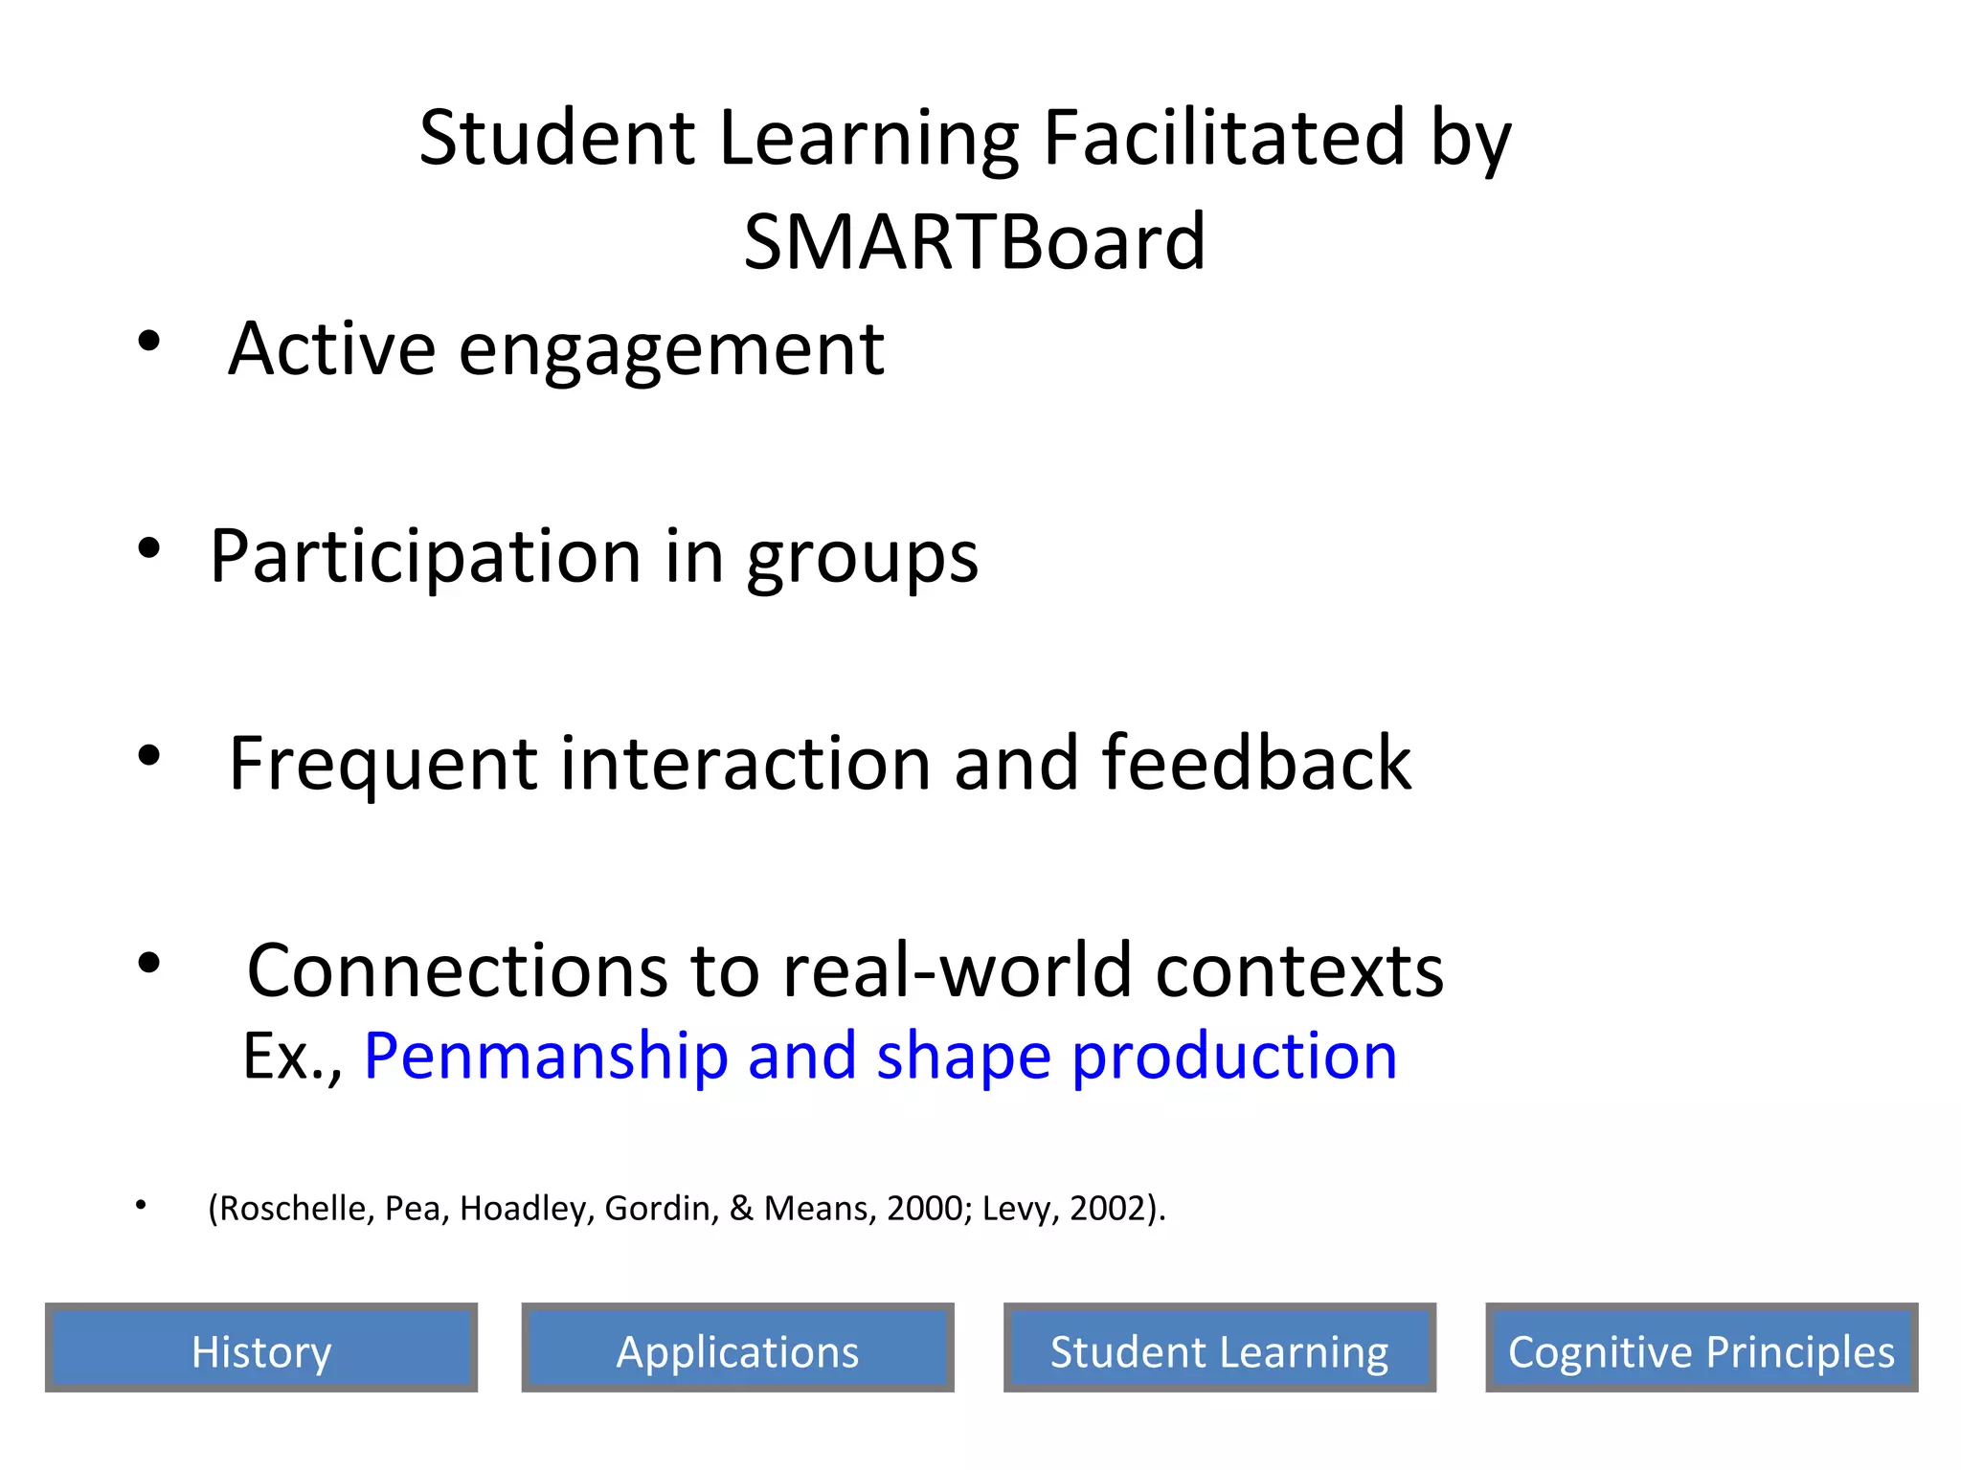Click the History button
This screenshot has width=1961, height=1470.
pyautogui.click(x=260, y=1347)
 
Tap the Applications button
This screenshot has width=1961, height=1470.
pyautogui.click(x=737, y=1347)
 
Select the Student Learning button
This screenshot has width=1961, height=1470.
pyautogui.click(x=1219, y=1347)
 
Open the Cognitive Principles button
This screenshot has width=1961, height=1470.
pyautogui.click(x=1702, y=1347)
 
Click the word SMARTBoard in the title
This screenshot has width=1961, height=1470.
pyautogui.click(x=974, y=242)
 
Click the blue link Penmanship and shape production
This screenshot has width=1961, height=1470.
pyautogui.click(x=880, y=1056)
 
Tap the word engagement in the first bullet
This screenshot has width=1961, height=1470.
pyautogui.click(x=671, y=350)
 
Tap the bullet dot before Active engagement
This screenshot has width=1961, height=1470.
pyautogui.click(x=148, y=341)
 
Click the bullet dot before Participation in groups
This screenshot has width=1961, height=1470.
pyautogui.click(x=148, y=548)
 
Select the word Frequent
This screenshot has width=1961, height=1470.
pyautogui.click(x=383, y=765)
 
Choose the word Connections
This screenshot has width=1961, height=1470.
pyautogui.click(x=456, y=970)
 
